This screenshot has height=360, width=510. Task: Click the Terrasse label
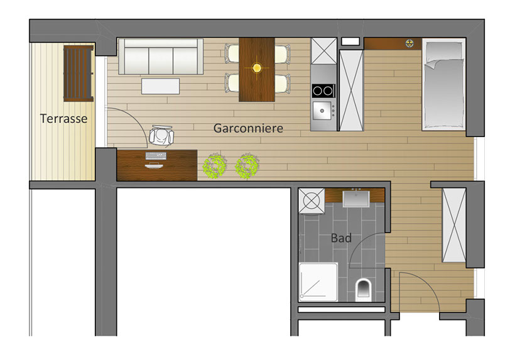pos(63,119)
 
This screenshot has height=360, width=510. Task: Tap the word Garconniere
pos(248,128)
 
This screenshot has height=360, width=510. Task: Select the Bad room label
pos(341,238)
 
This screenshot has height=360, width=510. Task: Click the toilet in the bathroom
pos(363,290)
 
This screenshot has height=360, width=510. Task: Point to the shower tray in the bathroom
pos(318,282)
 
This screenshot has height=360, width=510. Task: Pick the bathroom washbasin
pos(356,199)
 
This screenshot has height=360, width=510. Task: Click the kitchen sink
pos(322,111)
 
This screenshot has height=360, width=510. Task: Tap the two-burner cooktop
pos(323,91)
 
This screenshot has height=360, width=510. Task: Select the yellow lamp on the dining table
pos(257,68)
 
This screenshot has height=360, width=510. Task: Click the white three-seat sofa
pos(161,57)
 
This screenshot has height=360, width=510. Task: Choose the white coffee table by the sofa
pos(160,86)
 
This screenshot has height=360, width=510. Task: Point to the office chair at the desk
pos(161,136)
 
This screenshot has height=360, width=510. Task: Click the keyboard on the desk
pos(156,156)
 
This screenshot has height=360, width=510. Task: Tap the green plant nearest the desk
pos(214,165)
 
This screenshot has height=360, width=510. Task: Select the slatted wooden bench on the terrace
pos(79,74)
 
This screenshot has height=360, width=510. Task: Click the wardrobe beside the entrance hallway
pos(454,226)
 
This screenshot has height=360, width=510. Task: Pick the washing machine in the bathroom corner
pos(312,201)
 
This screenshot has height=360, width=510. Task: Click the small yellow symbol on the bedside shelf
pos(410,43)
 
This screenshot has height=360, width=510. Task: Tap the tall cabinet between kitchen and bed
pos(351,90)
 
